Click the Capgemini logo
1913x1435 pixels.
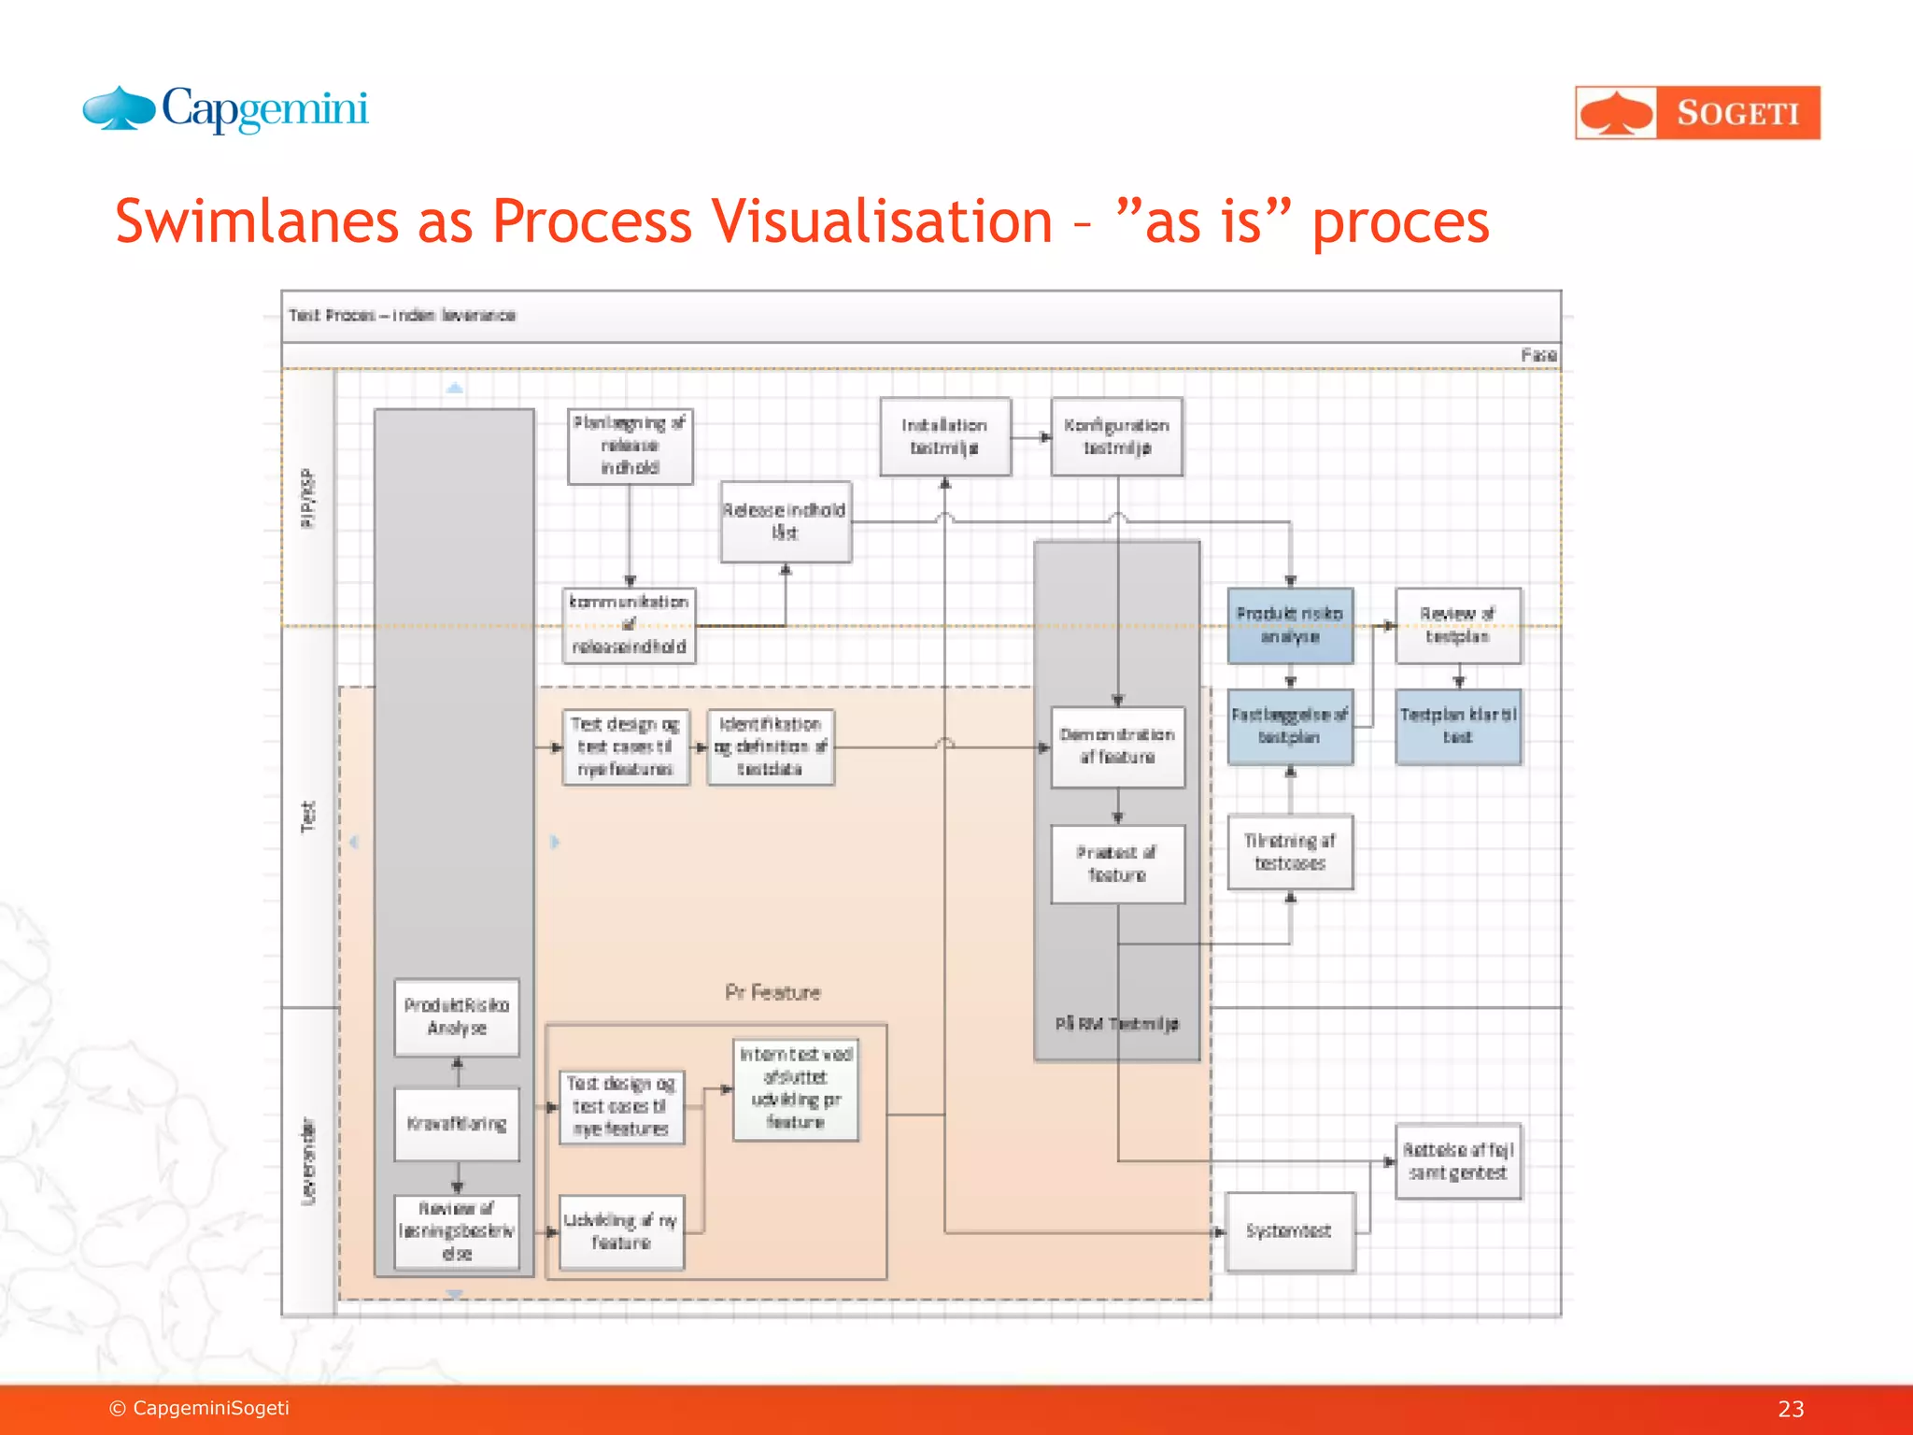point(226,110)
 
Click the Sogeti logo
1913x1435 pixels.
point(1697,113)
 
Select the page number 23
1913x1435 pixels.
point(1790,1409)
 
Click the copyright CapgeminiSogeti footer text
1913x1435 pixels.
point(200,1408)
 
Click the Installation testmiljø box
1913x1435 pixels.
point(944,437)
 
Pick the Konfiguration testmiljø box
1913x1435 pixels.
point(1116,437)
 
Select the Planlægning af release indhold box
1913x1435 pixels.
point(630,446)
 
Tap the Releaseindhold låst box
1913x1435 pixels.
point(785,521)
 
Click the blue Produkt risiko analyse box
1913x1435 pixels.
point(1289,625)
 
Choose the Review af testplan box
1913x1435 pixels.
point(1457,625)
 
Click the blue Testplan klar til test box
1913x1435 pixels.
point(1457,726)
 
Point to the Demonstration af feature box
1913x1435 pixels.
point(1117,746)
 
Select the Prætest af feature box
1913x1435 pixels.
point(1117,864)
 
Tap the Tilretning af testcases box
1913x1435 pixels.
point(1289,852)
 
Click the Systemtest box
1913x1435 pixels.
point(1289,1231)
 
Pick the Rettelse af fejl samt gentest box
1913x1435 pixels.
point(1457,1161)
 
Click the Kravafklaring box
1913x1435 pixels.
point(457,1124)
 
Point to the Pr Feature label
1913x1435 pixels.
point(772,992)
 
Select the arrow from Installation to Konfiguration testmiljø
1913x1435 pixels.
point(1031,436)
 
